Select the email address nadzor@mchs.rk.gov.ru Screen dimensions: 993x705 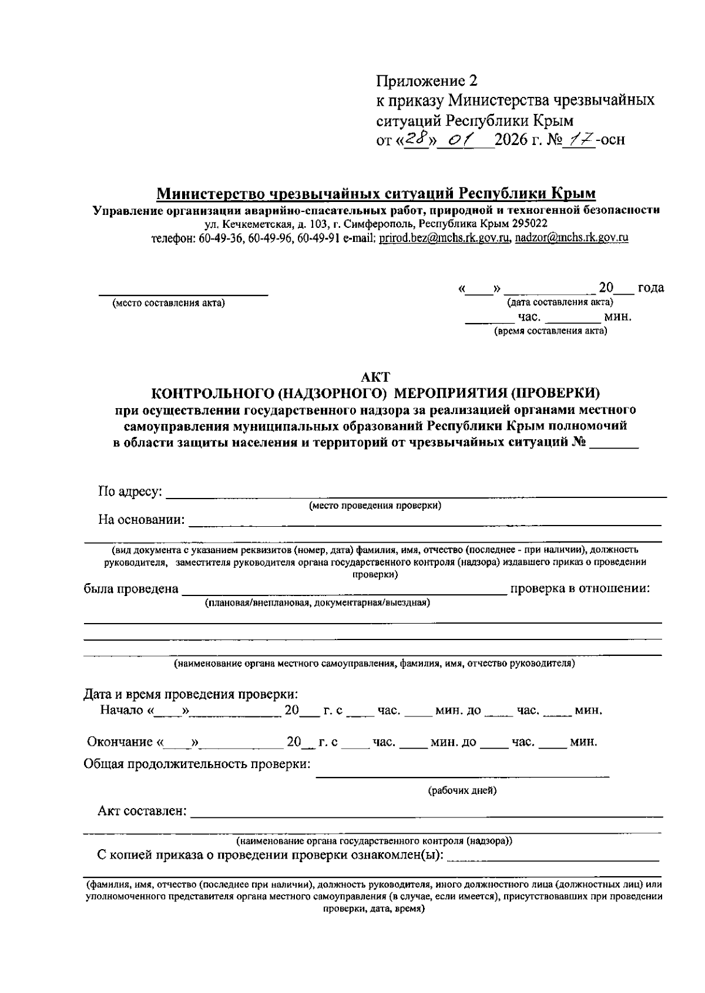[572, 238]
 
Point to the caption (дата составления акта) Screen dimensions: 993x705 [560, 302]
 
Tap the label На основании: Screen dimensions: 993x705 [141, 520]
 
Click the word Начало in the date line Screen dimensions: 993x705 [122, 711]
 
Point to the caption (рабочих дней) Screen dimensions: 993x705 [462, 790]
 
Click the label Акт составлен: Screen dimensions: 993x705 [142, 812]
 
